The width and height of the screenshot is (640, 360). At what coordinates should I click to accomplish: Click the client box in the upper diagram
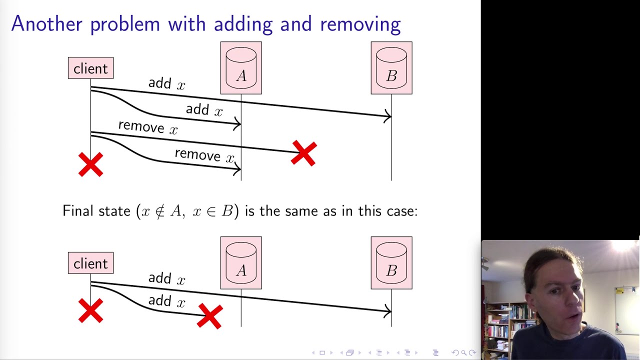click(x=90, y=68)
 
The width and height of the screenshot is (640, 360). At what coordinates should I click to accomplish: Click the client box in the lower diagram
click(x=90, y=263)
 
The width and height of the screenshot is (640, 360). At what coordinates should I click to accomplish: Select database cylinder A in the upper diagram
click(x=241, y=68)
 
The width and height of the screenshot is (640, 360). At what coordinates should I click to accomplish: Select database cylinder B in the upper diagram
click(x=391, y=68)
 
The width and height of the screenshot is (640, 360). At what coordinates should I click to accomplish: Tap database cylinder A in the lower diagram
click(x=241, y=263)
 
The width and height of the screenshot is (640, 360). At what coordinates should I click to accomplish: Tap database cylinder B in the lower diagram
click(x=391, y=263)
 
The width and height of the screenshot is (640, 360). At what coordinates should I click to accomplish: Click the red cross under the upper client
click(x=90, y=164)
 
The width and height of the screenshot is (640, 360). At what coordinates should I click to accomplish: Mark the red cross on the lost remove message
click(x=304, y=153)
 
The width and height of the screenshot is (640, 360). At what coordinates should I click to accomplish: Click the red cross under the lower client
click(x=90, y=310)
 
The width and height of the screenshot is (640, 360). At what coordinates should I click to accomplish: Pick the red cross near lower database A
click(x=209, y=316)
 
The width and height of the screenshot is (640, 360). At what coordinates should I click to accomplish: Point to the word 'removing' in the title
click(x=360, y=24)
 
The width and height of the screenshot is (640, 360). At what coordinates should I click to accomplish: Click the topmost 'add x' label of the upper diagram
click(x=166, y=84)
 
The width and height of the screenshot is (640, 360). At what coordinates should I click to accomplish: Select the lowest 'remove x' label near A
click(x=204, y=155)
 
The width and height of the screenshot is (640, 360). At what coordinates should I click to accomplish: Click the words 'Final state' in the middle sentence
click(x=96, y=211)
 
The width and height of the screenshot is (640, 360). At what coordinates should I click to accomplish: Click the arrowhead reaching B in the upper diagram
click(x=388, y=116)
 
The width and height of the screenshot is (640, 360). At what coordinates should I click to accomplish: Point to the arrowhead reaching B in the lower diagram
click(x=388, y=311)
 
